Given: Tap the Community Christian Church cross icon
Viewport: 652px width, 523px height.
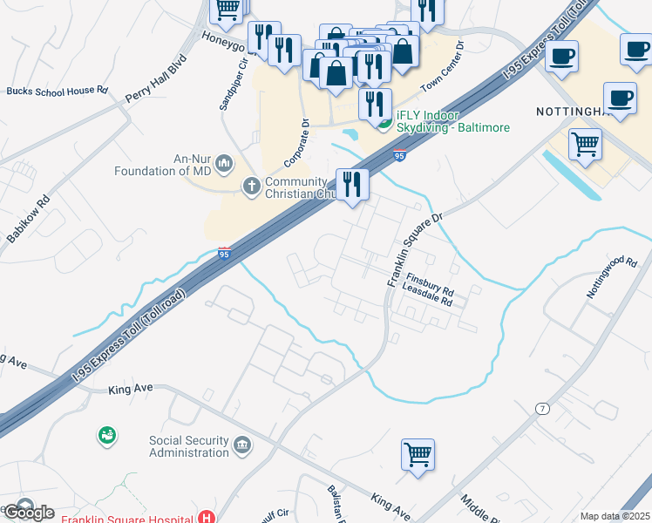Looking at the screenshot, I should click(251, 185).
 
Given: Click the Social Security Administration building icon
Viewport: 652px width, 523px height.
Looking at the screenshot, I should click(242, 446).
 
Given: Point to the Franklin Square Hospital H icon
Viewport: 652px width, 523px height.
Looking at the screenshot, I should click(207, 517).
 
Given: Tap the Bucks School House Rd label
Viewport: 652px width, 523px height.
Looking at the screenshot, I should click(57, 91).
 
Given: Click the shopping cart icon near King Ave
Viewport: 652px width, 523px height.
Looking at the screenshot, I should click(418, 454).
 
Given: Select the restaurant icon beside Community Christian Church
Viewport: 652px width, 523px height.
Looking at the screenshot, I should click(352, 184).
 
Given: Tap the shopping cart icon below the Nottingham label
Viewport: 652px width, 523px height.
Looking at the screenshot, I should click(585, 143).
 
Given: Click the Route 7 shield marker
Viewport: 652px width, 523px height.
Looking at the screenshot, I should click(542, 409).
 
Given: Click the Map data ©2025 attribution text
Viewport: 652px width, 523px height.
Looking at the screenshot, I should click(615, 516).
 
